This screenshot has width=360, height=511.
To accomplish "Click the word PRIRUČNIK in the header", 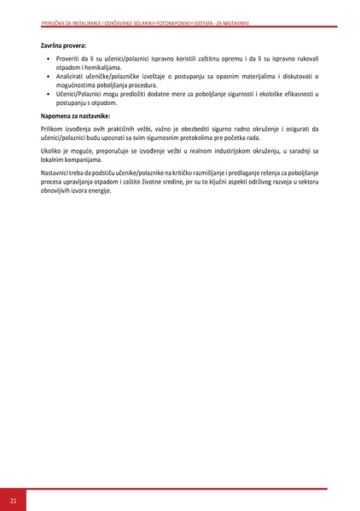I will tap(53, 24).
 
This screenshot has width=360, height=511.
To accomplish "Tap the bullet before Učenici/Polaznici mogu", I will tap(47, 94).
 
